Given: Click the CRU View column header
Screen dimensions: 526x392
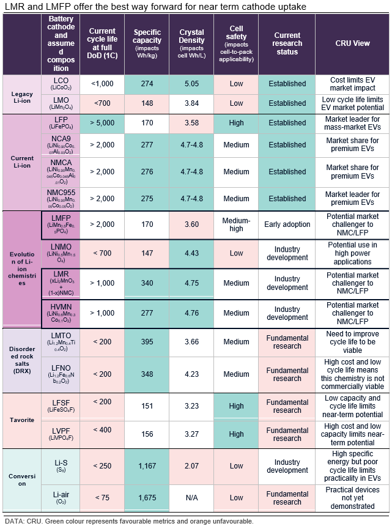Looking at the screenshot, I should (x=353, y=43).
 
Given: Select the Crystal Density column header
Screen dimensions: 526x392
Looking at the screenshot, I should (x=191, y=43).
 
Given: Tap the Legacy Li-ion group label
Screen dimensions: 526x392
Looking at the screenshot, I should (x=21, y=94).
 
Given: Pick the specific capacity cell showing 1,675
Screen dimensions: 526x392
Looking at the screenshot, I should (x=146, y=497).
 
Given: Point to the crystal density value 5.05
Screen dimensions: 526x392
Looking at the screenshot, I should (x=191, y=84).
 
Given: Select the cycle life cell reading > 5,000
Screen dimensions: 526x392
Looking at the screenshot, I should (x=102, y=123).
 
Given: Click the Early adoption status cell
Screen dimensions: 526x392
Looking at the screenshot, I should (x=287, y=224).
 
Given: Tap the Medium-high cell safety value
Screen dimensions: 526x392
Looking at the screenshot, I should (x=235, y=224).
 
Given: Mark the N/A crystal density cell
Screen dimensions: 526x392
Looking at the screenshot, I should (x=191, y=497).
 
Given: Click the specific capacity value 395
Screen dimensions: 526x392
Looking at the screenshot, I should (x=146, y=342).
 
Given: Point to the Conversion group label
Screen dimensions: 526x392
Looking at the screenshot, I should (x=21, y=480).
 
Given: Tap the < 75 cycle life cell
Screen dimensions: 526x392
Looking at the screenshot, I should (x=102, y=497).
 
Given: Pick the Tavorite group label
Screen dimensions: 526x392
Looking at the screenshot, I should (x=21, y=421).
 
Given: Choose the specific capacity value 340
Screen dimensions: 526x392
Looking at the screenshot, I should (x=146, y=283).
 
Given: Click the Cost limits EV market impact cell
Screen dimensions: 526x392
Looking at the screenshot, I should (x=353, y=84).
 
